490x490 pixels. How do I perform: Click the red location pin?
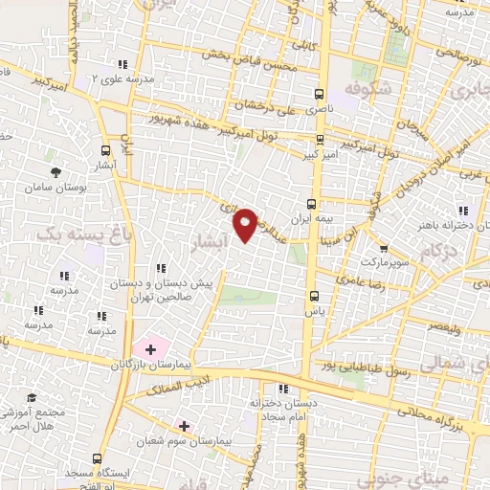coord(246,223)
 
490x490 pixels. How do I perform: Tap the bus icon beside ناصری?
coord(319,94)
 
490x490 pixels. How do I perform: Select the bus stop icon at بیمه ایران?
coord(311,203)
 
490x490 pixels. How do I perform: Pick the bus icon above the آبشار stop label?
coord(105,149)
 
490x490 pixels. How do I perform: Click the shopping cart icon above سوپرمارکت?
coord(384,246)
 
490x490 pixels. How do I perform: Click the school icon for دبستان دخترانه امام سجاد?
coord(282,388)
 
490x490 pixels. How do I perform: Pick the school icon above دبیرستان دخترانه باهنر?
coord(464,211)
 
